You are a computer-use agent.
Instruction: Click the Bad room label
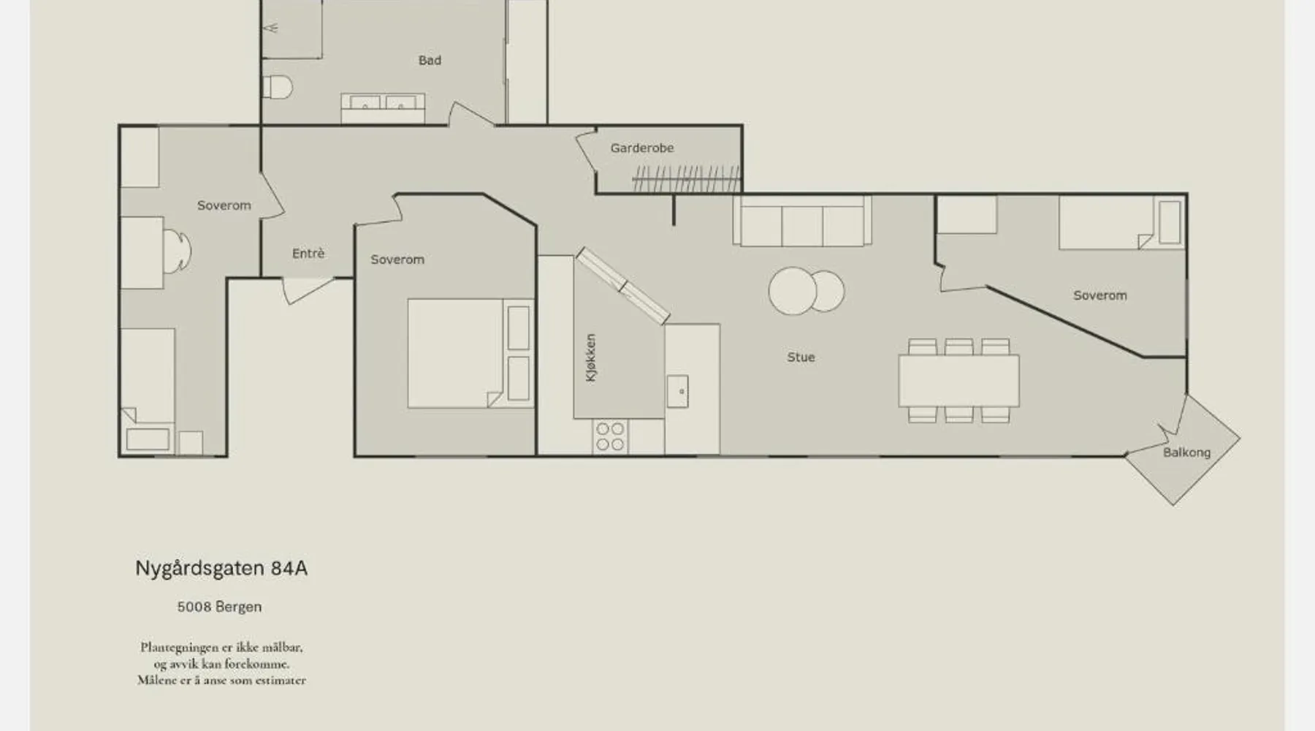430,60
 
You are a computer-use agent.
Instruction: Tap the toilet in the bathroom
277,87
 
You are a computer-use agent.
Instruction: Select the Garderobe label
642,148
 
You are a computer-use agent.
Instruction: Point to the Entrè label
308,253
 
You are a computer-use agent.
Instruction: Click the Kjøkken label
591,357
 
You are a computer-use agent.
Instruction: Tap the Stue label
801,357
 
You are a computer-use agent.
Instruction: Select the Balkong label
1186,452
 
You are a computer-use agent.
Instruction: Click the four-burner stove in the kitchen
610,436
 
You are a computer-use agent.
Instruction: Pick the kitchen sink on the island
677,391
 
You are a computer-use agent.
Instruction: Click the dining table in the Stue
958,380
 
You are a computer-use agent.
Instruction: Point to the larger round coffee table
792,291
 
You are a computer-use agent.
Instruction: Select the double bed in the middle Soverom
470,353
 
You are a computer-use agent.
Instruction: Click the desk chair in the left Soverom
176,251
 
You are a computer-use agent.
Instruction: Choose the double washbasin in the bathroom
383,108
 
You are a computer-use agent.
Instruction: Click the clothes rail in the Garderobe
685,178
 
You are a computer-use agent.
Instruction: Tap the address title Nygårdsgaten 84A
221,568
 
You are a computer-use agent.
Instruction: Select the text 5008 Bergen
219,607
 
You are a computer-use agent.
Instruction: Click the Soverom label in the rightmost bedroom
1099,295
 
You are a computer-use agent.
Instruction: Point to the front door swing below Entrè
307,289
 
